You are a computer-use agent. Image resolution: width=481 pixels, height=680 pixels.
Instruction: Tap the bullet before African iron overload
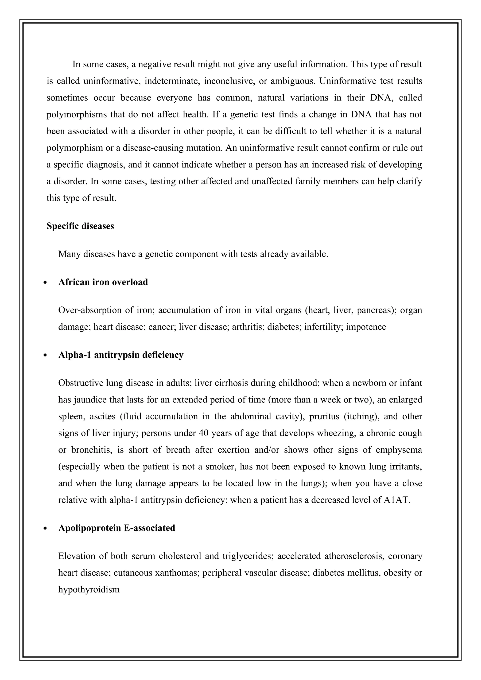(45, 282)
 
